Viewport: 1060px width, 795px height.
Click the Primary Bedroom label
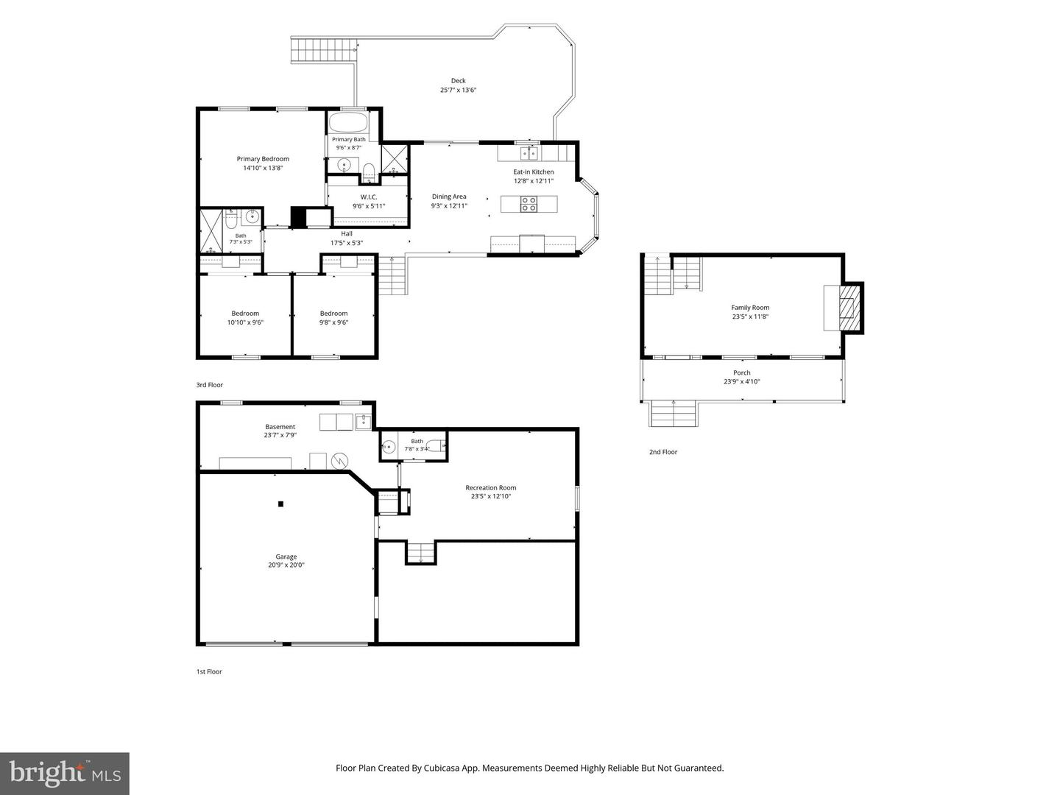tap(263, 159)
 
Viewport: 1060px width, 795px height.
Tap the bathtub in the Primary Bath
tap(347, 122)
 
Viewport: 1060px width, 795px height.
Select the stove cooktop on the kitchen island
tap(529, 204)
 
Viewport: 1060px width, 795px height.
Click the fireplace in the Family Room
tap(849, 308)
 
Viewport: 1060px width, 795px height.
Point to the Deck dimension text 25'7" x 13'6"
tap(459, 90)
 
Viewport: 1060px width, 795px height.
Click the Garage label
tap(286, 556)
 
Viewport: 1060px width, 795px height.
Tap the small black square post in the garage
tap(280, 504)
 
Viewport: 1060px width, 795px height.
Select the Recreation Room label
tap(491, 487)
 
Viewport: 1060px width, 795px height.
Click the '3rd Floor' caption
tap(210, 385)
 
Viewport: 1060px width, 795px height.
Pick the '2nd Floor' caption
tap(663, 452)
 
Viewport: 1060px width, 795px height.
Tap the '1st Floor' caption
tap(209, 671)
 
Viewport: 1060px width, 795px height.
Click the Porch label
tap(742, 372)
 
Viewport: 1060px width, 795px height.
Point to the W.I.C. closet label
tap(369, 197)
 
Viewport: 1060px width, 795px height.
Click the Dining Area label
tap(449, 197)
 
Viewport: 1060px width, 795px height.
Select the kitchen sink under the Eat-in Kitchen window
tap(529, 153)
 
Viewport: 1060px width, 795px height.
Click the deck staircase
tap(323, 50)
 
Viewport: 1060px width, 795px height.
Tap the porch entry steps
tap(674, 413)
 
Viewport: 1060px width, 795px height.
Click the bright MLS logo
tap(65, 773)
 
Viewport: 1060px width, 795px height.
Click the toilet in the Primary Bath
tap(369, 172)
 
